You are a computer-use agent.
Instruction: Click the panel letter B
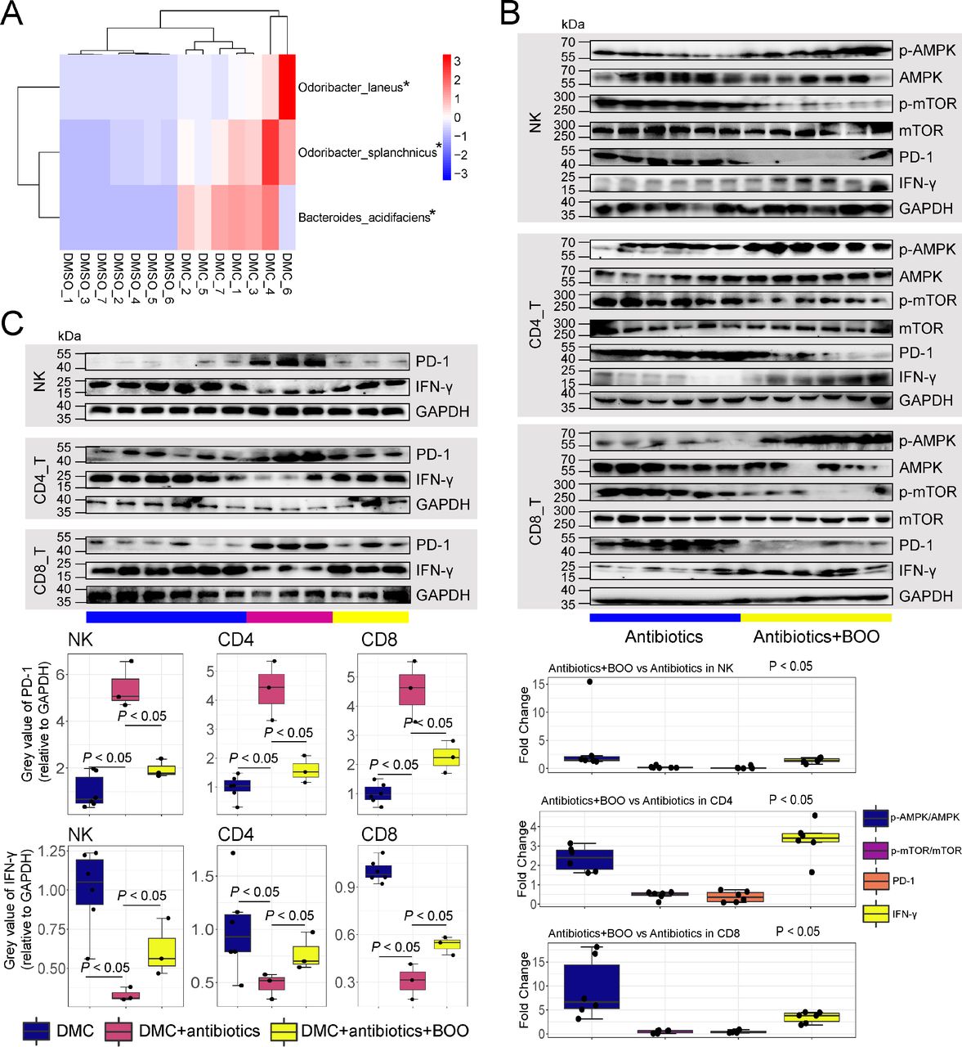click(509, 14)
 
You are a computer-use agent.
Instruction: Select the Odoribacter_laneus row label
click(350, 87)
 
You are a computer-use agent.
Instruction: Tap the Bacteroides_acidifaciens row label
click(364, 217)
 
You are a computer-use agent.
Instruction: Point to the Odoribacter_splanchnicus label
click(367, 152)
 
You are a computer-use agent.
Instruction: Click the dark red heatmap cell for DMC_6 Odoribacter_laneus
click(287, 87)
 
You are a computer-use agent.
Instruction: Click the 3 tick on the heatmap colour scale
click(458, 61)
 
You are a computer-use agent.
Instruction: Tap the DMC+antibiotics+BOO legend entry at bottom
click(384, 1031)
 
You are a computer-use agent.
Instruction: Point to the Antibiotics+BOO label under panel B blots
click(816, 636)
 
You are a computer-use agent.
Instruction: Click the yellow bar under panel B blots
click(816, 618)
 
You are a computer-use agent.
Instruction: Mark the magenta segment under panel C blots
click(289, 617)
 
